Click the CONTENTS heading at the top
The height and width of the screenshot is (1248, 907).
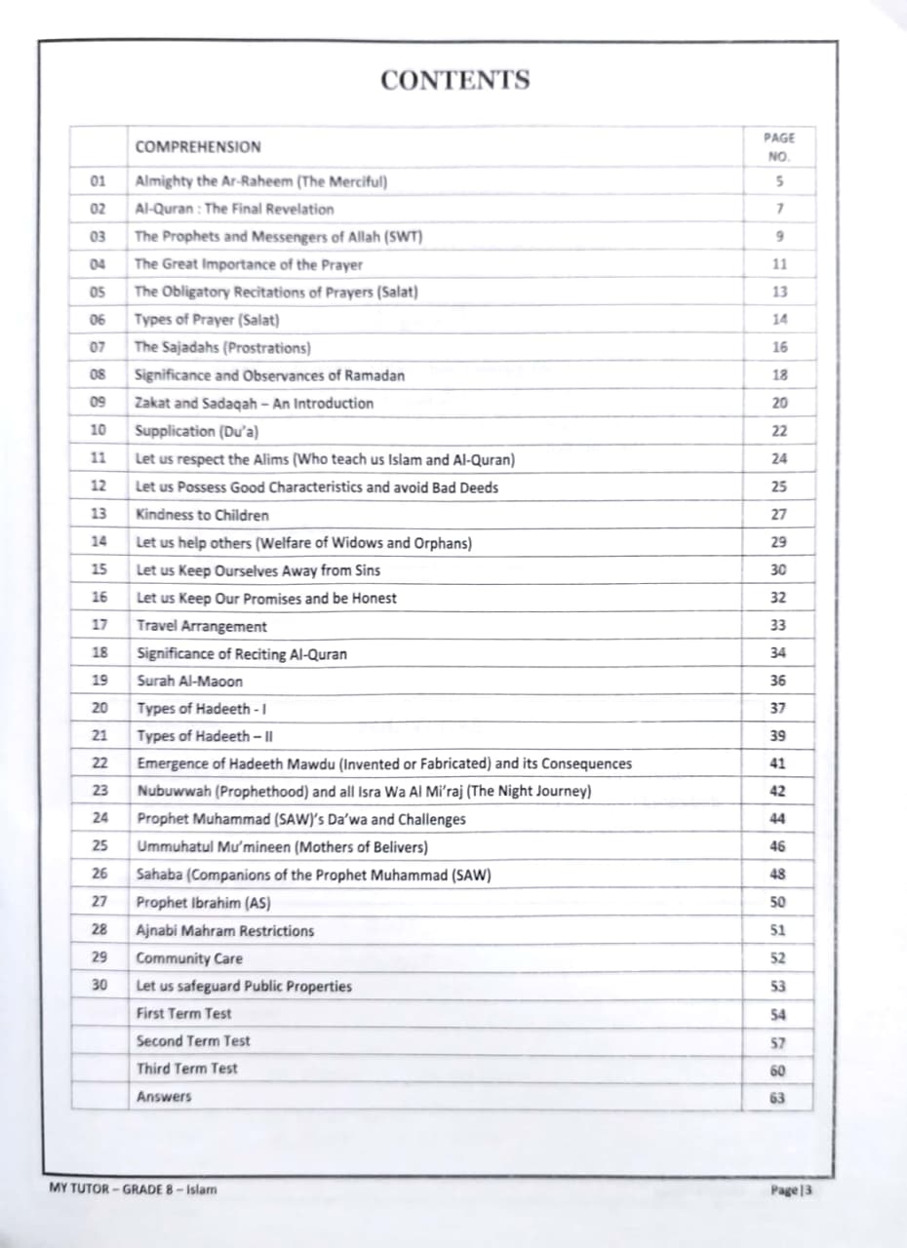[454, 80]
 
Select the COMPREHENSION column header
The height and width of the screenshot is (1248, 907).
[198, 147]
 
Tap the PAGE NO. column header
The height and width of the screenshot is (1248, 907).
[777, 147]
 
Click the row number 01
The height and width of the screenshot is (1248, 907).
[98, 181]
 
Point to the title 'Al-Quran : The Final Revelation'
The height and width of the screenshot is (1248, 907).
[234, 209]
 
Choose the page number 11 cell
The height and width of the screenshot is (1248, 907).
[778, 264]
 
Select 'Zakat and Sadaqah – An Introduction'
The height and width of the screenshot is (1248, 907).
[254, 403]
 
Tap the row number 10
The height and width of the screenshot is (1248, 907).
[98, 430]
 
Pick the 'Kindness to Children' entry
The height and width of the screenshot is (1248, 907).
[202, 515]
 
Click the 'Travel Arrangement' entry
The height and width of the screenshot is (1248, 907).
[202, 626]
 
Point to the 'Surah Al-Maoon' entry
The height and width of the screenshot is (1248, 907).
[190, 682]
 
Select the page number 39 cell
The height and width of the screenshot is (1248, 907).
[778, 736]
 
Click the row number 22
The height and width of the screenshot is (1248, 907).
[99, 763]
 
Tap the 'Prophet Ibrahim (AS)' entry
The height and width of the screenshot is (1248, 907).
[203, 903]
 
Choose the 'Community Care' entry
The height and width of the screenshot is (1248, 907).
[189, 958]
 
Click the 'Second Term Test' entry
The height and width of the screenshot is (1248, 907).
[193, 1041]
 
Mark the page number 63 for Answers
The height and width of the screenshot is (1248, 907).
[777, 1098]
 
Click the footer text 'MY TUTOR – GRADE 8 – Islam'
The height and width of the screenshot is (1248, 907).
[133, 1189]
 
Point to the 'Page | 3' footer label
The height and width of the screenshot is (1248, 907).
[791, 1189]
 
